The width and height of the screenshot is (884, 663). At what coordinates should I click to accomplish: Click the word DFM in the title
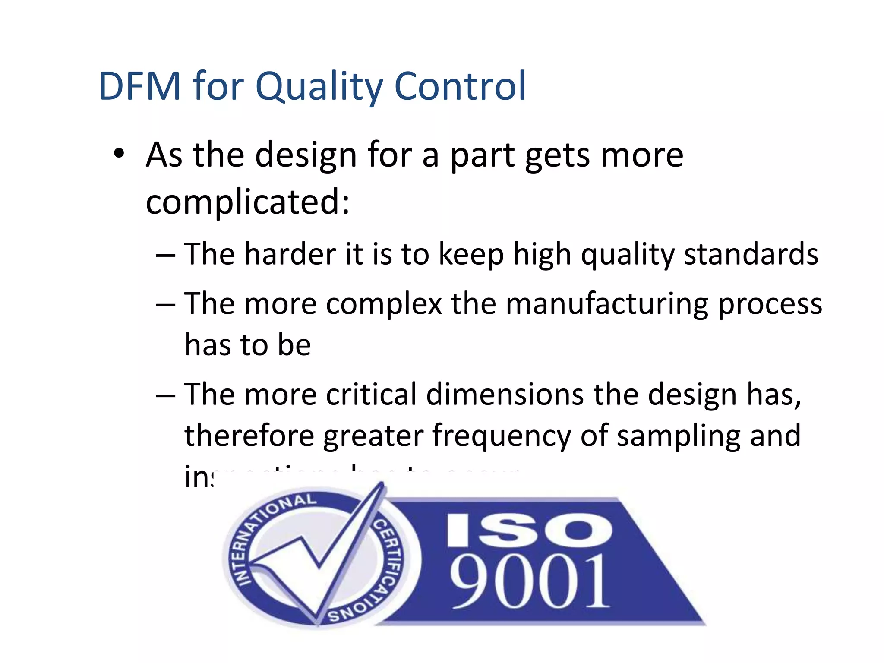pyautogui.click(x=139, y=86)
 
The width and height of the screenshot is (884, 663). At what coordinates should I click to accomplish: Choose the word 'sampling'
pyautogui.click(x=679, y=436)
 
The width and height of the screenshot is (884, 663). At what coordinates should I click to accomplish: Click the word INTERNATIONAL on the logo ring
pyautogui.click(x=263, y=531)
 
